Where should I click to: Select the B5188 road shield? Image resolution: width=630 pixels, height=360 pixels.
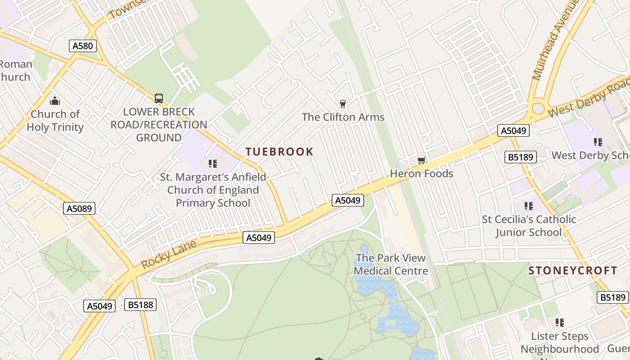point(141,305)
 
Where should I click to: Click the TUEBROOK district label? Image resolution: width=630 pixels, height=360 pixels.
point(279,152)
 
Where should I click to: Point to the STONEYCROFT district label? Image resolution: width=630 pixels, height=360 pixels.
point(572,270)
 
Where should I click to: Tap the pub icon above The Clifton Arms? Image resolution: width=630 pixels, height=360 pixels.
point(343,104)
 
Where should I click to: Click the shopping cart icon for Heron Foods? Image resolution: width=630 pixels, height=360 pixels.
point(421,161)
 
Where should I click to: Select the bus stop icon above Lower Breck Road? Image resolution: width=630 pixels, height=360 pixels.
point(158,98)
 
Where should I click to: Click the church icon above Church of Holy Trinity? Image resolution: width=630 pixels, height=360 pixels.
point(55,101)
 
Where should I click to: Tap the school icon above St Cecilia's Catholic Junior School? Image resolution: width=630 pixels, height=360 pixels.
point(529,206)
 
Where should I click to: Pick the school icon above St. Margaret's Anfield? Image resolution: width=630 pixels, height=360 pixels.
point(213,164)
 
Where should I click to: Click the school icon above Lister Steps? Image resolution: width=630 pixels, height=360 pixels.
point(559,322)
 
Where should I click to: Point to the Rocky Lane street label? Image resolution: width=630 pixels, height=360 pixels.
point(169,255)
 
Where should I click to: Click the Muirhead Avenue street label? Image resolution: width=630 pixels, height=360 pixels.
point(555,41)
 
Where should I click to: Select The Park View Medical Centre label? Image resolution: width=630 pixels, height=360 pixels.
point(391,265)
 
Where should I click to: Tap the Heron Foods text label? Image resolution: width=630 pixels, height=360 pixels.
point(421,174)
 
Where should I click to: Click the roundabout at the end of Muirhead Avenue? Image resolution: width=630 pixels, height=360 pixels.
point(538,108)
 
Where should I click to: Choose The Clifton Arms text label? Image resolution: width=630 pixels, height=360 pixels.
point(343,117)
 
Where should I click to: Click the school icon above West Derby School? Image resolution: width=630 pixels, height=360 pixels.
point(598,142)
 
